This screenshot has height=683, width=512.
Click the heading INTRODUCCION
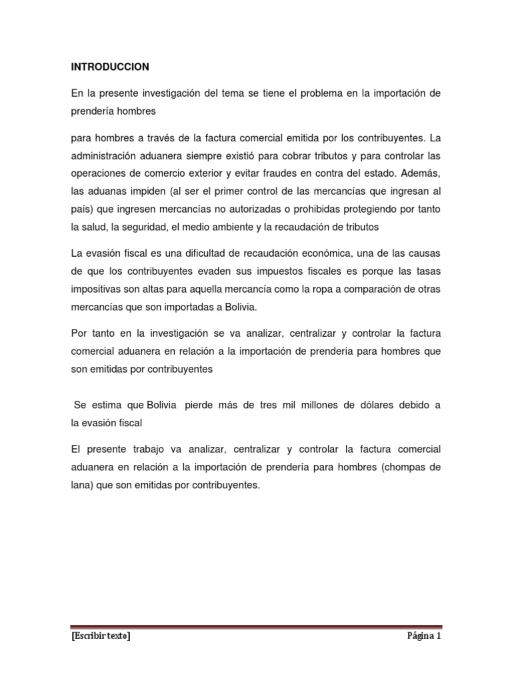click(109, 67)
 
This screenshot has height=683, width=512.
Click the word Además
click(417, 174)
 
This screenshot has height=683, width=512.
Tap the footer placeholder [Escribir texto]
click(100, 636)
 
